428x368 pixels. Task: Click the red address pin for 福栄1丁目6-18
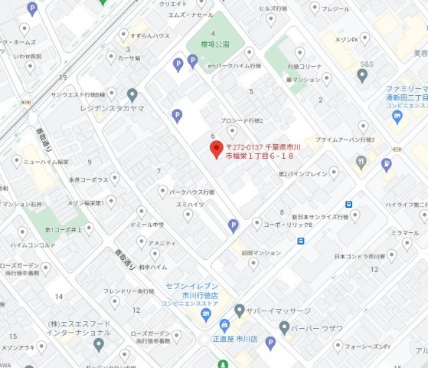(217, 146)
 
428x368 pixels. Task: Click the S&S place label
(368, 64)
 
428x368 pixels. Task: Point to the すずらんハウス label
(150, 35)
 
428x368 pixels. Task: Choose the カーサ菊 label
(127, 57)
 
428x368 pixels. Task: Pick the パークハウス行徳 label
(191, 192)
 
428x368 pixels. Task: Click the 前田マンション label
(262, 252)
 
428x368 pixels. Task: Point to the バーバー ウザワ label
(317, 328)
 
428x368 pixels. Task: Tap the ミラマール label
(404, 232)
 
